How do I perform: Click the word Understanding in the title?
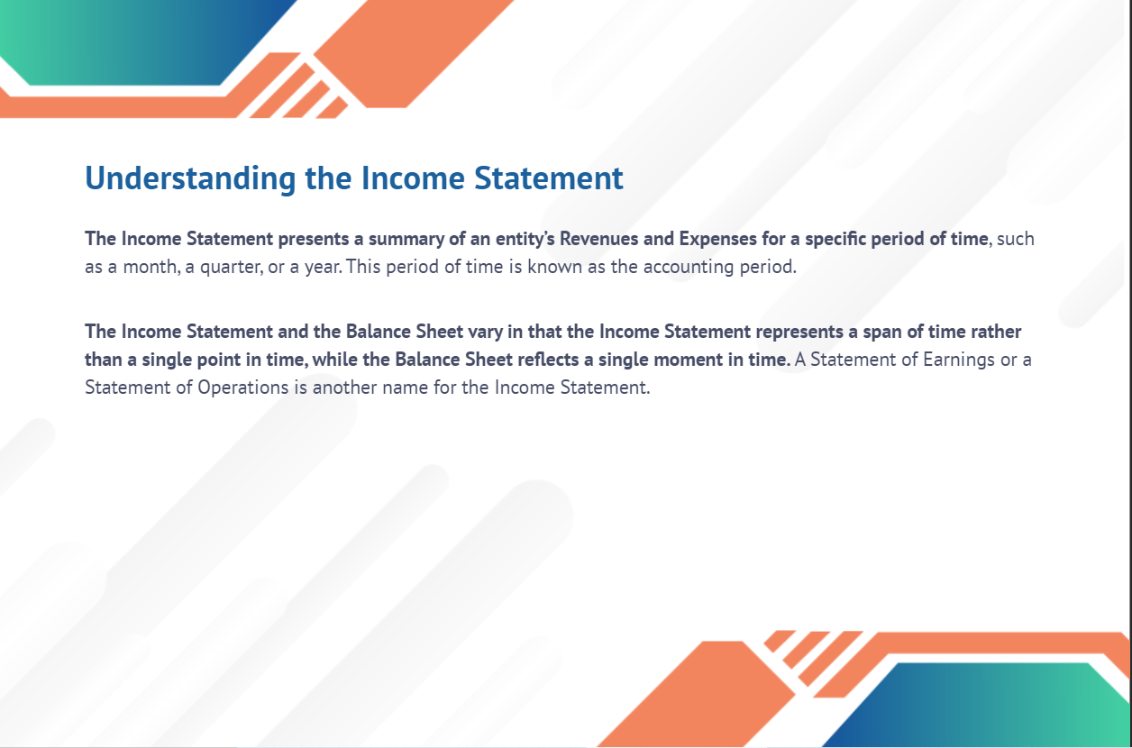click(190, 179)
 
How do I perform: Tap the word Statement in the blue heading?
click(549, 178)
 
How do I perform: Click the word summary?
click(406, 240)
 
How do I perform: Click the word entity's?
click(525, 240)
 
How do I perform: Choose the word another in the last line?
click(345, 388)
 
